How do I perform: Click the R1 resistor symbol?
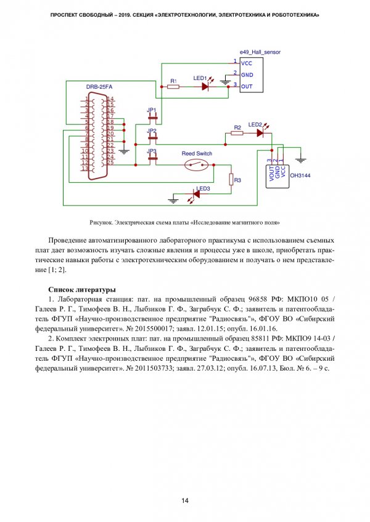173,87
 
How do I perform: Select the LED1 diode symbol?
206,87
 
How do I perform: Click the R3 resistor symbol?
231,180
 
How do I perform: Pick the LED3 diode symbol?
197,194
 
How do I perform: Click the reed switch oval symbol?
197,164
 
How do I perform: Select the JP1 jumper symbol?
152,117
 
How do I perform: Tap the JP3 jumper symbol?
152,158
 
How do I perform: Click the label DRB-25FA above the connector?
99,87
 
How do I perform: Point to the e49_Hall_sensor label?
259,53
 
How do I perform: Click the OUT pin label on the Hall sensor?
247,86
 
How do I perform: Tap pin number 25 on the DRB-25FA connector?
110,162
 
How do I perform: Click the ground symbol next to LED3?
174,198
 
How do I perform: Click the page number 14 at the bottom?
184,499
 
